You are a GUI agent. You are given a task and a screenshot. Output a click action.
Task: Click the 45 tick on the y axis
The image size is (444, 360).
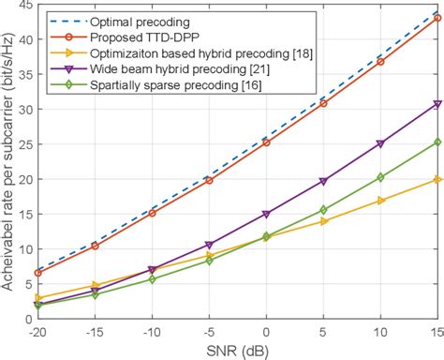[x=24, y=6]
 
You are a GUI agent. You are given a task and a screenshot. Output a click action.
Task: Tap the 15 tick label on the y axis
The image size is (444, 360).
[x=24, y=214]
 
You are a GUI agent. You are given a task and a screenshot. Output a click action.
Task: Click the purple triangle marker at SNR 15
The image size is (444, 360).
[x=437, y=104]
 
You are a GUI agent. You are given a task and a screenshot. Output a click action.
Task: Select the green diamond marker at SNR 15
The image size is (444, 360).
[x=437, y=142]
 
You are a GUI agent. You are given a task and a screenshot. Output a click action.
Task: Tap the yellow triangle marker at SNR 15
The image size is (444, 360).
[x=437, y=179]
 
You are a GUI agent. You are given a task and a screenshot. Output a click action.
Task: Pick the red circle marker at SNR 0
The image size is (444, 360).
[x=266, y=142]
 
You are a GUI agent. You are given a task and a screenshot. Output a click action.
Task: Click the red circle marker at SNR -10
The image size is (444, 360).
[x=152, y=213]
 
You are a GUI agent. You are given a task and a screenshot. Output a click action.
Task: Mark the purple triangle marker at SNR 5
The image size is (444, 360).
[x=323, y=181]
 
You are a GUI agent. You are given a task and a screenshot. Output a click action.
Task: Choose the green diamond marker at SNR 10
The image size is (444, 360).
[x=380, y=177]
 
